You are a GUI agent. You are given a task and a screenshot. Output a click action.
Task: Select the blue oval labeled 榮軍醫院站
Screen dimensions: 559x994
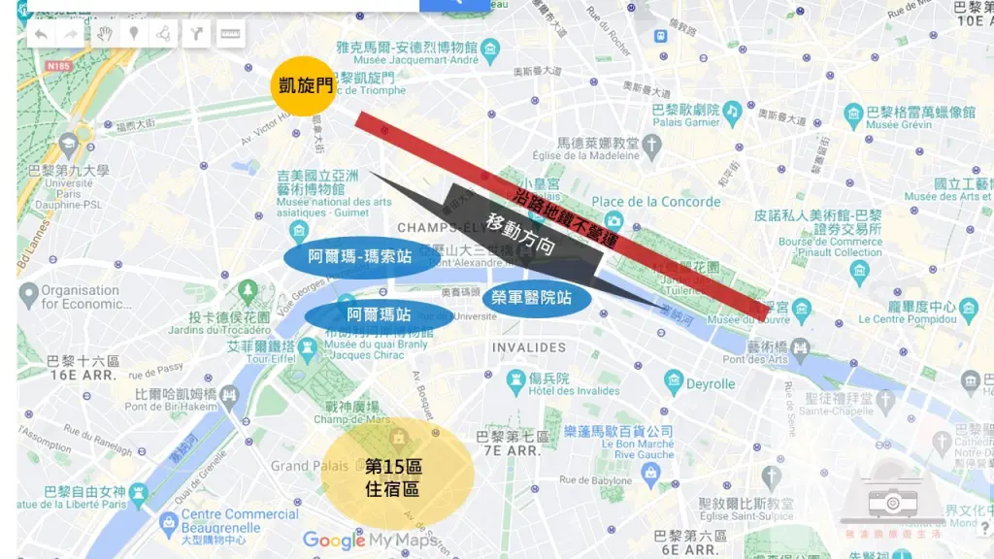(x=537, y=296)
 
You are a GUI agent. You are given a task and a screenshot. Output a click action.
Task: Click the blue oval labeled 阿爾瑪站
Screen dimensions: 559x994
(x=379, y=315)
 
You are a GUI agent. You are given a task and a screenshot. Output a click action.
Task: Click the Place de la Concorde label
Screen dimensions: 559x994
(x=656, y=202)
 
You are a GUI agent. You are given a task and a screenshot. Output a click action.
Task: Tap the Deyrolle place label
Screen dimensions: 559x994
(x=711, y=384)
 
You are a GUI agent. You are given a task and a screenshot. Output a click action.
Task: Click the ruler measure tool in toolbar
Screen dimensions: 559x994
(x=230, y=35)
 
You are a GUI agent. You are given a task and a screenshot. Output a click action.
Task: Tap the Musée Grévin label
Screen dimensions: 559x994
(x=895, y=124)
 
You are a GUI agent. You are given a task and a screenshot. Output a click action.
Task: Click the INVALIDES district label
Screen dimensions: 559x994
(x=528, y=347)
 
